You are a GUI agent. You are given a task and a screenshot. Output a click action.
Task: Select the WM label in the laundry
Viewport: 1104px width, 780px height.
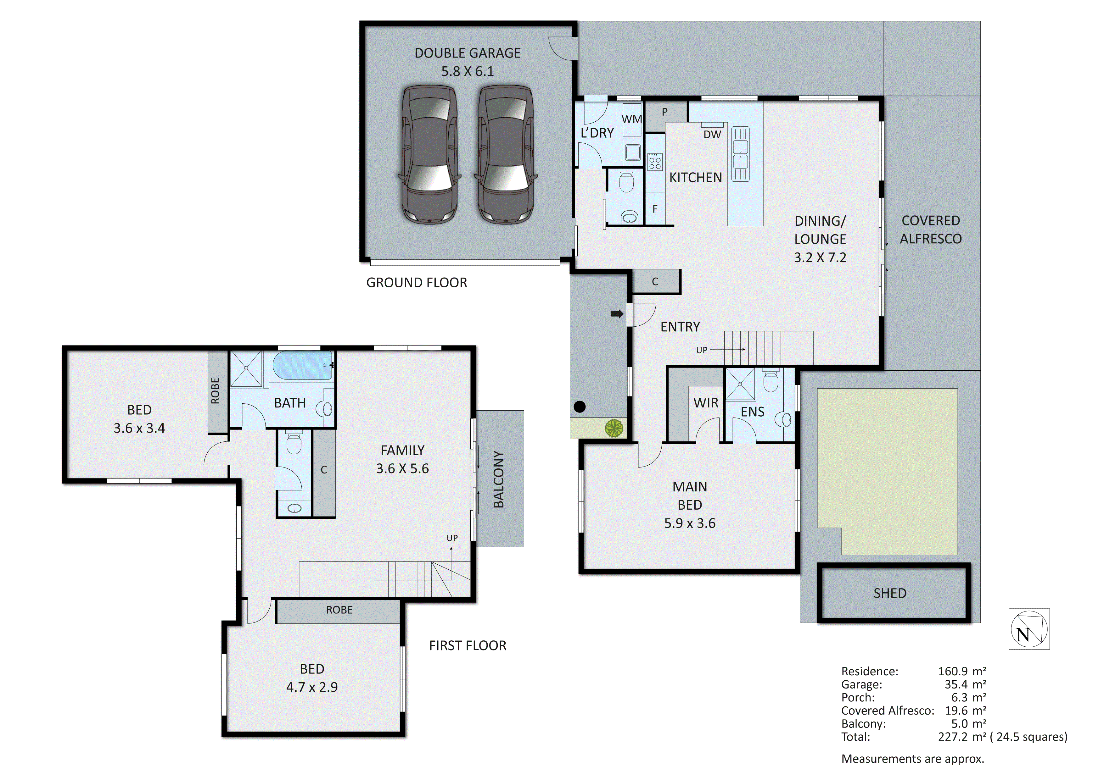[631, 119]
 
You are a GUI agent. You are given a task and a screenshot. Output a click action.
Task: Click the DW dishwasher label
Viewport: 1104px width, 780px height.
[712, 135]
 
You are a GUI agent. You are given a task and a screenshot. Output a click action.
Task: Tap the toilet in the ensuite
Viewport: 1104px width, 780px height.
[771, 381]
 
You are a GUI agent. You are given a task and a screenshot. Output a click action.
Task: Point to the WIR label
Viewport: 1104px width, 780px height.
[705, 403]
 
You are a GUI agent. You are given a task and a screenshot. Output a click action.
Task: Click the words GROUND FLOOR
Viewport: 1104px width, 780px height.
[417, 283]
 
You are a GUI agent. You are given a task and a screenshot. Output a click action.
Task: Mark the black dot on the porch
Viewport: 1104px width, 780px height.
[580, 407]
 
